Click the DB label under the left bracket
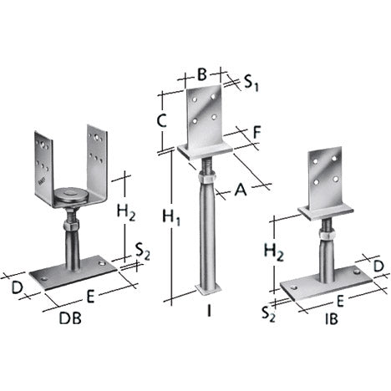(70, 318)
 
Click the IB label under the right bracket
(332, 318)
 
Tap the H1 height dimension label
(171, 217)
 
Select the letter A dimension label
(241, 190)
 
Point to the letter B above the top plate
(202, 74)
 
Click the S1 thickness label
(251, 83)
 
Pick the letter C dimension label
(161, 121)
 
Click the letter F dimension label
(256, 133)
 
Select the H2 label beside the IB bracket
(274, 251)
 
